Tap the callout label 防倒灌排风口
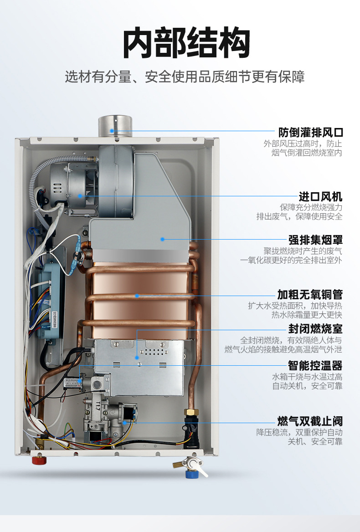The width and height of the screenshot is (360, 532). click(x=310, y=133)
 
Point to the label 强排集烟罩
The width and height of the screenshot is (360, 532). click(x=315, y=240)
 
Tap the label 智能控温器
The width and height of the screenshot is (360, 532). click(x=315, y=365)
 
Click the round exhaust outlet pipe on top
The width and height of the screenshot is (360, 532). click(x=115, y=126)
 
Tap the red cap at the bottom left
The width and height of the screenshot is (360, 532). click(x=39, y=460)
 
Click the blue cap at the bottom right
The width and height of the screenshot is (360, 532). click(x=191, y=474)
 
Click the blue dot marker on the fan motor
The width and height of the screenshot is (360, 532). click(x=80, y=196)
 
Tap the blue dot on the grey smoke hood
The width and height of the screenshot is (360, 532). click(x=162, y=238)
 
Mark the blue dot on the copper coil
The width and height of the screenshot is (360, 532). click(x=136, y=295)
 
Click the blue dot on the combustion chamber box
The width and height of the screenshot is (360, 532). click(x=137, y=358)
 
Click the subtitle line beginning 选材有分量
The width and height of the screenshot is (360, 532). click(x=185, y=77)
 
